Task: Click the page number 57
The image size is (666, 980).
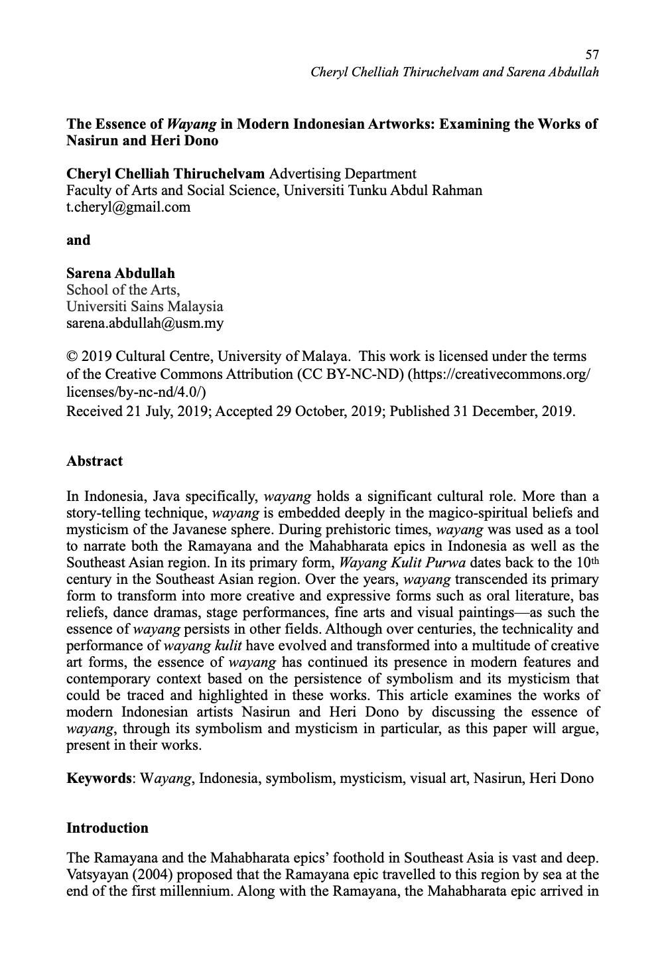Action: click(592, 54)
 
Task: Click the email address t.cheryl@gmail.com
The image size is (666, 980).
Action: click(128, 207)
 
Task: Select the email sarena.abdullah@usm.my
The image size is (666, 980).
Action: click(145, 324)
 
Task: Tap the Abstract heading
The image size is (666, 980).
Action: click(94, 461)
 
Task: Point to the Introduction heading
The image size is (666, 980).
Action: click(107, 828)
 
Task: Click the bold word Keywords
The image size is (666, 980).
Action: click(100, 778)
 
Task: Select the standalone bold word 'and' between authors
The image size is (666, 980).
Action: click(78, 240)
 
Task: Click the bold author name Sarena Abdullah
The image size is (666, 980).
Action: click(121, 273)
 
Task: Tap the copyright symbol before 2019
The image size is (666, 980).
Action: click(72, 357)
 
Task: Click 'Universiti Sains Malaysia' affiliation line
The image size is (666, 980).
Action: click(145, 307)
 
